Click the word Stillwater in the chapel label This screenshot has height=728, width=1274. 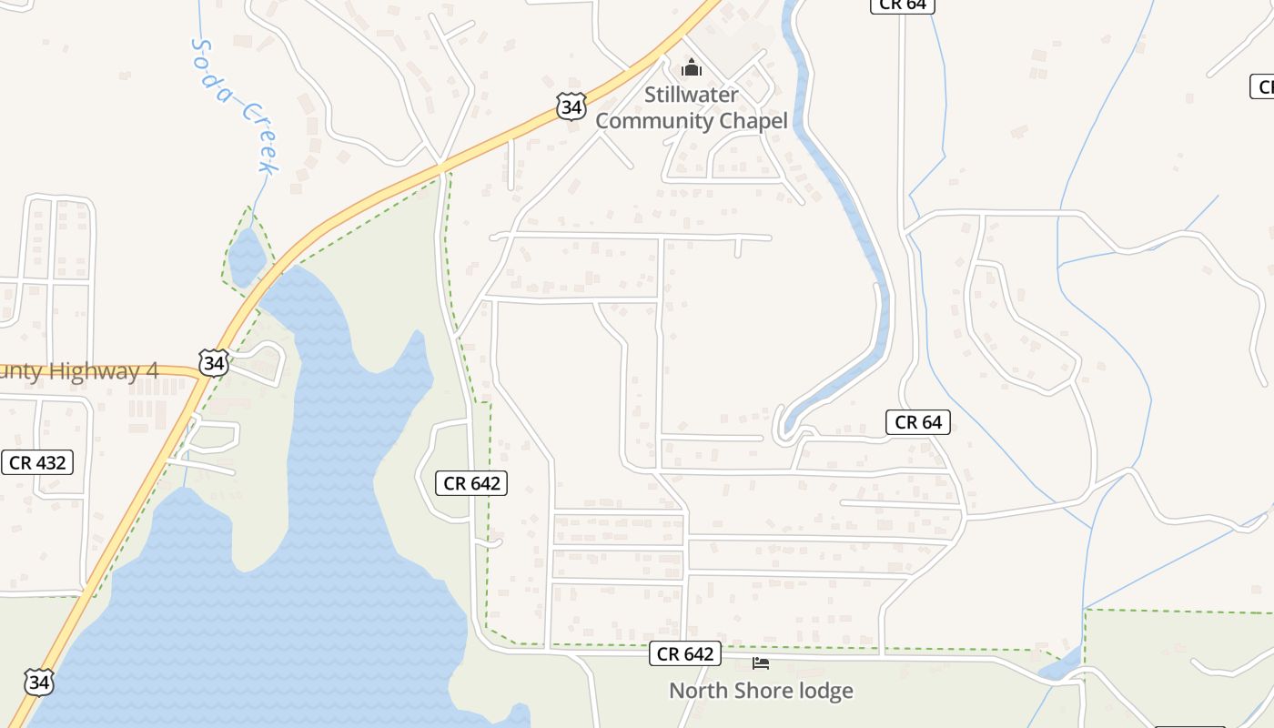[692, 95]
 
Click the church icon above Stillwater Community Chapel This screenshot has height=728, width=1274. [692, 68]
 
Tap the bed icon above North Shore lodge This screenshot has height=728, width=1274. [761, 663]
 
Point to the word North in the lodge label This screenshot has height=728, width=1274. [696, 691]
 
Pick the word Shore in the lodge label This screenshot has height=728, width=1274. [759, 691]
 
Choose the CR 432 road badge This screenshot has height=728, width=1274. [36, 462]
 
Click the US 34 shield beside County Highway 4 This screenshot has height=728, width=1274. [214, 364]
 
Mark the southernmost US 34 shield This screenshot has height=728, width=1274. [39, 682]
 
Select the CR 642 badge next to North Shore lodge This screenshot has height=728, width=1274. [685, 653]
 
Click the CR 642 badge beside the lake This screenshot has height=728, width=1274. [472, 483]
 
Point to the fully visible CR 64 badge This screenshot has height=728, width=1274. [918, 421]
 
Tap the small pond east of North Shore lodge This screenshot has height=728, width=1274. [1060, 668]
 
